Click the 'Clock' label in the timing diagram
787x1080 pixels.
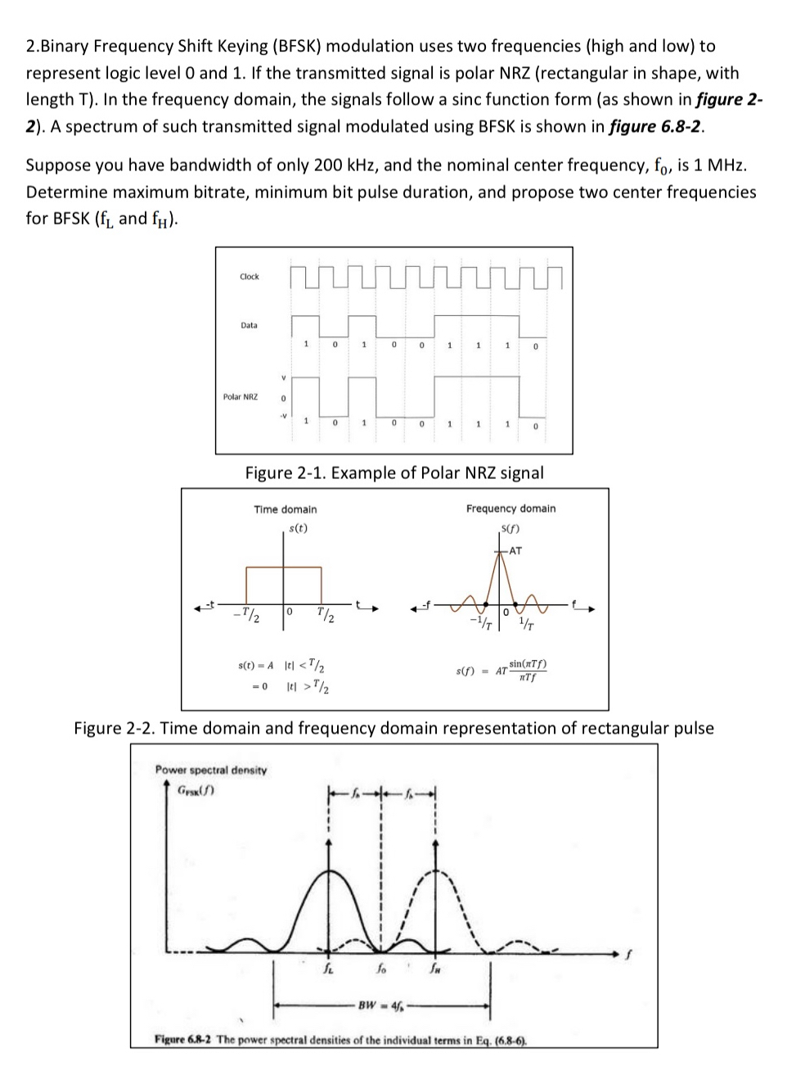click(x=249, y=277)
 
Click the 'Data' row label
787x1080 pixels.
click(x=249, y=326)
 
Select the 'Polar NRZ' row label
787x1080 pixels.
click(x=240, y=397)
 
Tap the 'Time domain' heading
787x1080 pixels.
click(x=285, y=509)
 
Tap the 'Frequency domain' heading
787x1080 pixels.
click(x=510, y=508)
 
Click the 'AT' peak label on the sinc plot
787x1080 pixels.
click(x=515, y=550)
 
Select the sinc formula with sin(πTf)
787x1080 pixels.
click(x=502, y=671)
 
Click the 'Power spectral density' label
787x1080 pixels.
click(x=211, y=770)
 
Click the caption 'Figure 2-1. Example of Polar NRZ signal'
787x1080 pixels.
click(x=394, y=472)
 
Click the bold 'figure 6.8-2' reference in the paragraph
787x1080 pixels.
click(x=656, y=126)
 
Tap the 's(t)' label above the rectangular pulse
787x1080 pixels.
click(x=299, y=528)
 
